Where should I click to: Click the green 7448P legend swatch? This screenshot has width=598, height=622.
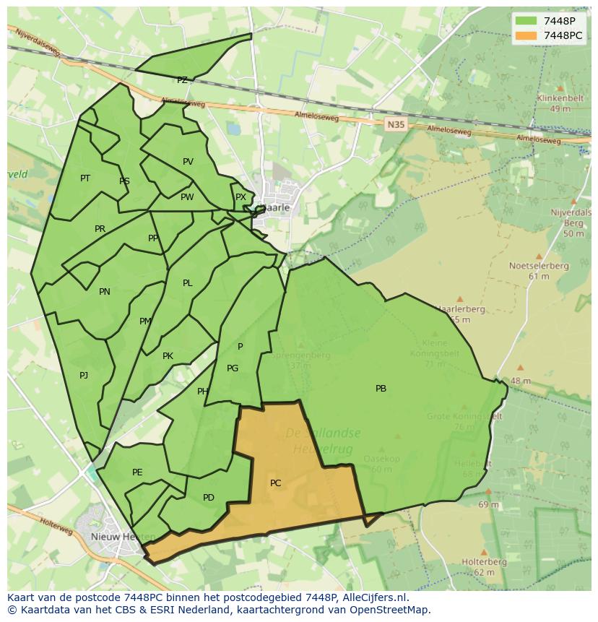coord(526,21)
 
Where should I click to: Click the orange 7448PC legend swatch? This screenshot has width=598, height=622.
coord(526,35)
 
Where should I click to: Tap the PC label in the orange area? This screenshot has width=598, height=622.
coord(275,483)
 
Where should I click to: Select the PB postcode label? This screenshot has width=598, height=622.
coord(381,389)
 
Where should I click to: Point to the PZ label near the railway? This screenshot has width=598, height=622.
coord(182,80)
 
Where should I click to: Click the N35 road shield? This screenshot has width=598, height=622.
coord(395,124)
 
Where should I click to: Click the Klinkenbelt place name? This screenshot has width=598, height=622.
coord(559,98)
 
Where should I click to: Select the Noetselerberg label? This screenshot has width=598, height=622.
coord(539,266)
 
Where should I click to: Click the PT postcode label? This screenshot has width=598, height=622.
coord(85,178)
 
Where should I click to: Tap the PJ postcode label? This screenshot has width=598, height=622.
coord(84,375)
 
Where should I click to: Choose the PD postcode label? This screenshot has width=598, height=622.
coord(209,498)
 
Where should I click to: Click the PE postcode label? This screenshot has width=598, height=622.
coord(137,472)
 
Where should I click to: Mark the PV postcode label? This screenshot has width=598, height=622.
coord(188,162)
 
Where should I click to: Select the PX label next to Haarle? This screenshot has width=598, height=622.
coord(240,197)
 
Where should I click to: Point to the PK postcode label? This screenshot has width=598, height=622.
coord(168,356)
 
